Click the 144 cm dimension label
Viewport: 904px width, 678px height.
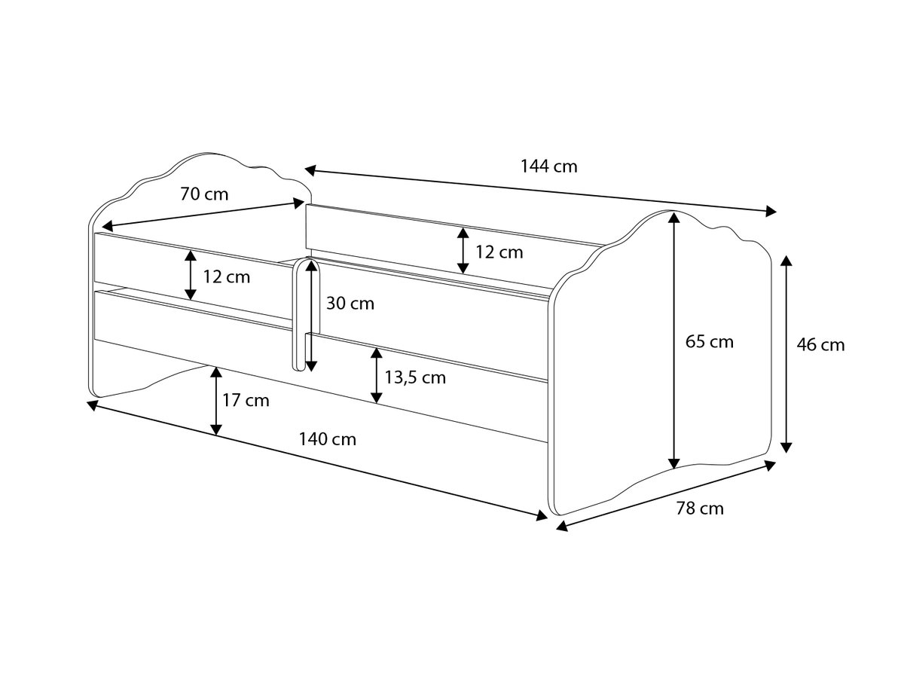(x=548, y=166)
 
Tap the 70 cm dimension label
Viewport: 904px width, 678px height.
(x=204, y=194)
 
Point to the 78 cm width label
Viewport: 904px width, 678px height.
(x=700, y=508)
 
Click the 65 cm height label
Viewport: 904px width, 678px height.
(x=710, y=342)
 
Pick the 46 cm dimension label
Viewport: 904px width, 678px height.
(x=821, y=345)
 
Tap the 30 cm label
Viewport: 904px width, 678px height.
(x=350, y=304)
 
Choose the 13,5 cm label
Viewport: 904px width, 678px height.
(x=415, y=377)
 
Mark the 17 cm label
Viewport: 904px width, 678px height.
(x=246, y=400)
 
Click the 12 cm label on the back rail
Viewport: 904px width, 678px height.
(x=499, y=252)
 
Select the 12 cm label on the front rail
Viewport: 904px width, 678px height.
(x=227, y=276)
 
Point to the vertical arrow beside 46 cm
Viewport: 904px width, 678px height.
(x=786, y=354)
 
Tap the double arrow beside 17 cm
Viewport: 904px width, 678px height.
(x=216, y=401)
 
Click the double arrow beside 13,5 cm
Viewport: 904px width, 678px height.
(x=375, y=374)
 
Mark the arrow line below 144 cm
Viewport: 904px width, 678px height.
(x=540, y=190)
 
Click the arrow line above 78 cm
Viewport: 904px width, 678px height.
(x=666, y=496)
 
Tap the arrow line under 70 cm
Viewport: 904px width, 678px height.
(x=204, y=214)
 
